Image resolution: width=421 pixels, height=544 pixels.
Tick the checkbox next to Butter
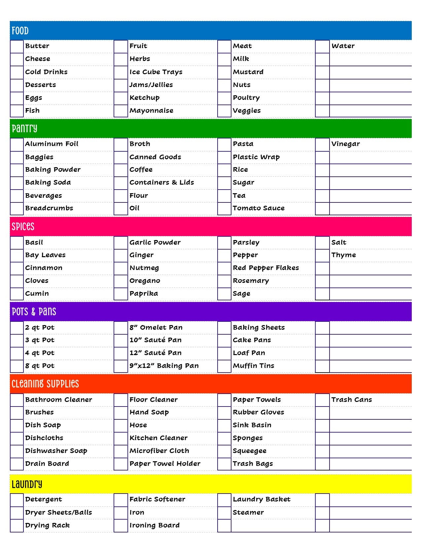pos(17,46)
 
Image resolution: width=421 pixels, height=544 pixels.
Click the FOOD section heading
pos(20,31)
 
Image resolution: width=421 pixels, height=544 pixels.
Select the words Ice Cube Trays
pos(156,72)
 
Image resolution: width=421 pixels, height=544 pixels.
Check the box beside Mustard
pos(224,72)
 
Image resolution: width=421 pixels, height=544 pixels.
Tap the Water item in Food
pos(343,46)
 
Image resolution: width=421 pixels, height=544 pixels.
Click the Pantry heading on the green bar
pos(24,129)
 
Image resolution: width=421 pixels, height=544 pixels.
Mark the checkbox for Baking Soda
pos(17,183)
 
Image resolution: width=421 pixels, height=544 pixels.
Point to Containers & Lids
pos(161,183)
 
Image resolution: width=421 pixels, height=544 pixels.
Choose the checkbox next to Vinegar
pos(322,144)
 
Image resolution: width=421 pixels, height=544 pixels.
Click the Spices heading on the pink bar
pos(23,227)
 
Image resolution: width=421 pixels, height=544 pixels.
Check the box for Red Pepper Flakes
pos(224,268)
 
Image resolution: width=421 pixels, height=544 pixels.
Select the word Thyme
pos(343,255)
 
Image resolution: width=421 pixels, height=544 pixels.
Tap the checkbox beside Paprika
pos(121,294)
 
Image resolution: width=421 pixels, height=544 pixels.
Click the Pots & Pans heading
pos(34,312)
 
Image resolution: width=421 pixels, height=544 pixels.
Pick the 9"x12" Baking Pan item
pos(164,366)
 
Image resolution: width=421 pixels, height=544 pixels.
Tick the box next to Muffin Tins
pos(224,366)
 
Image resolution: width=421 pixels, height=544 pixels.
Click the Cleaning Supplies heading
pos(45,384)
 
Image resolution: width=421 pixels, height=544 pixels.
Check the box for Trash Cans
pos(322,400)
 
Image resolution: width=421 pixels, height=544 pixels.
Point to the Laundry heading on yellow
pos(27,485)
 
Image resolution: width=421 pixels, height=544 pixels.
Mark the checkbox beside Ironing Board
pos(121,526)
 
